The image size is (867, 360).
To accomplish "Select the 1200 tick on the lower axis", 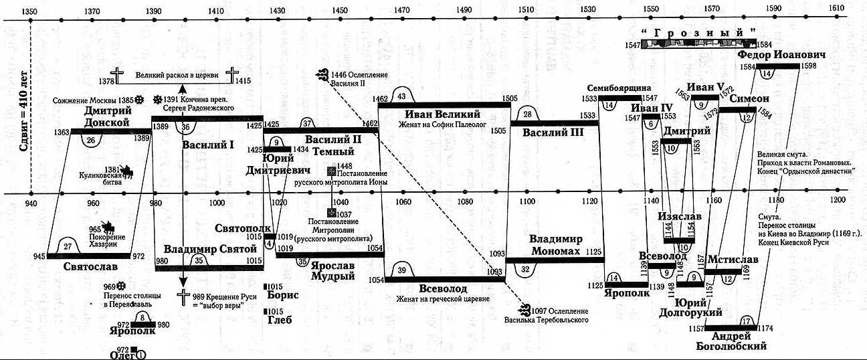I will pos(836,201).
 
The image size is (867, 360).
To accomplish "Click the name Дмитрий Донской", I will pos(106,118).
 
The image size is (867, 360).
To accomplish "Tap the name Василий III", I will pos(553,132).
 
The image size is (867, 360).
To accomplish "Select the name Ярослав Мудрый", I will pos(332,270).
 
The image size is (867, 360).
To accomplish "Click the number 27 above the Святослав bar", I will pos(67,246).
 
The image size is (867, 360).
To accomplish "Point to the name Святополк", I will pos(239,228).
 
